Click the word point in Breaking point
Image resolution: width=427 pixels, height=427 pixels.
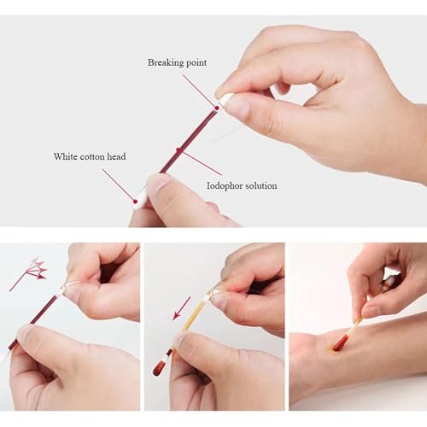[x=196, y=63]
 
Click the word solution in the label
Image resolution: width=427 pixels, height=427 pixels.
[x=261, y=185]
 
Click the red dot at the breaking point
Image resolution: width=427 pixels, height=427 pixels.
[x=217, y=108]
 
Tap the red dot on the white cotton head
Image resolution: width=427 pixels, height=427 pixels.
[x=134, y=201]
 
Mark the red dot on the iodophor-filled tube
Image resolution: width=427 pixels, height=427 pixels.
[x=180, y=149]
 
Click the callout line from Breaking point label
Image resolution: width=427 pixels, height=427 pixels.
[x=199, y=91]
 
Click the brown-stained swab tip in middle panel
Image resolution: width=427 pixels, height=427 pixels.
[x=159, y=367]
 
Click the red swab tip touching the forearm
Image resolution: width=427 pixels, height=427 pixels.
[x=340, y=342]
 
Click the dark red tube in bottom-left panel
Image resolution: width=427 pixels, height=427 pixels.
[x=34, y=321]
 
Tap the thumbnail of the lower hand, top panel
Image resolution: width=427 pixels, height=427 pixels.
[x=157, y=183]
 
